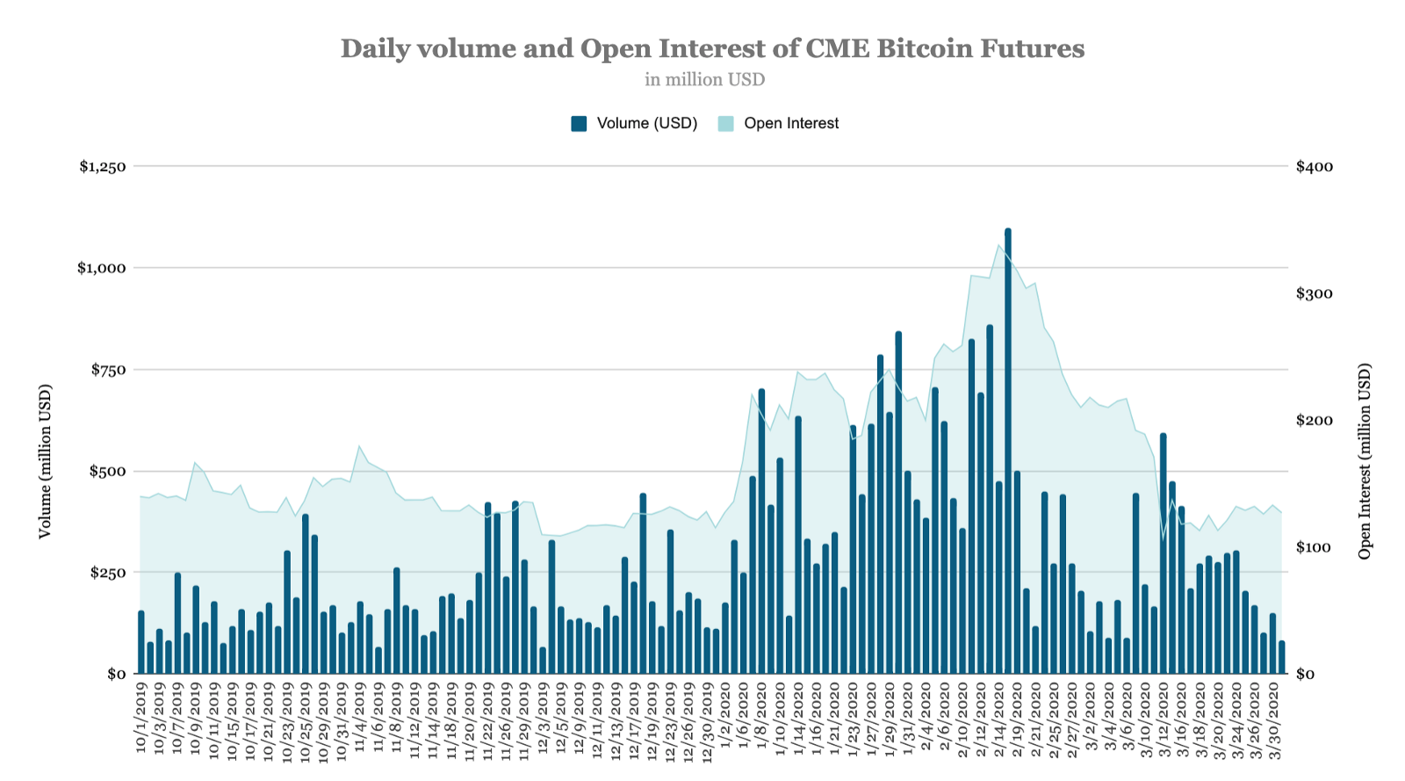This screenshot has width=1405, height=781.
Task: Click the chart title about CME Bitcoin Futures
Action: click(712, 48)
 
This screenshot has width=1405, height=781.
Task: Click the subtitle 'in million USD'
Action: click(704, 80)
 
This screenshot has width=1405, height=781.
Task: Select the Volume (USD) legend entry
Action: click(634, 124)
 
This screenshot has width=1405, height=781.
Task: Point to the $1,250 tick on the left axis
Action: click(103, 167)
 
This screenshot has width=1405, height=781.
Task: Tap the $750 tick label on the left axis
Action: click(108, 370)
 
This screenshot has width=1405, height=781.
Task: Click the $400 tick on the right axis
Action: click(1314, 167)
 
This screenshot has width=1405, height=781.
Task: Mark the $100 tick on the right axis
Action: click(1314, 547)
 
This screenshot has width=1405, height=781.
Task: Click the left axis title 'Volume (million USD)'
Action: click(46, 461)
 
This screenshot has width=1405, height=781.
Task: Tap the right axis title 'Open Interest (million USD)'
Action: click(1364, 461)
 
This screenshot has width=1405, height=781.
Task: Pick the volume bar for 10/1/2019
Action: click(140, 642)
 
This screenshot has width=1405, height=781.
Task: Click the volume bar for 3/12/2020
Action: click(1163, 553)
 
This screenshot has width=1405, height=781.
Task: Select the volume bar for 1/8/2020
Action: click(761, 532)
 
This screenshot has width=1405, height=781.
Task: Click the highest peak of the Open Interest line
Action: click(999, 245)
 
